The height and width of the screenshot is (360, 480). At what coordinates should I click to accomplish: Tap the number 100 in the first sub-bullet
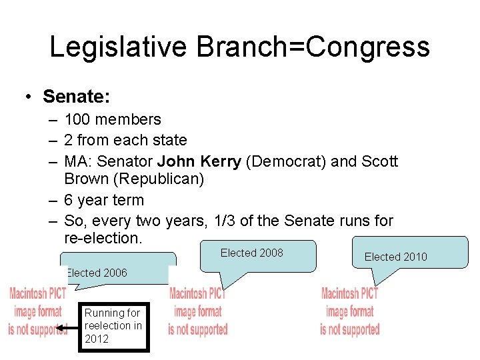[x=78, y=120]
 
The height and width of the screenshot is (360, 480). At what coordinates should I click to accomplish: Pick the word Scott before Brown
[x=379, y=161]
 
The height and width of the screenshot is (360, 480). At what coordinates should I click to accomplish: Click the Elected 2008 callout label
[x=251, y=253]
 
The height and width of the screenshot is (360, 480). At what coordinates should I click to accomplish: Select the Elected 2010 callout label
[x=395, y=257]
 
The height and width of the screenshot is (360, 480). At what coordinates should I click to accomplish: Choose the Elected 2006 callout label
[x=97, y=273]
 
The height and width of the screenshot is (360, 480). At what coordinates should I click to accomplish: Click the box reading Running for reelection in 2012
[x=113, y=326]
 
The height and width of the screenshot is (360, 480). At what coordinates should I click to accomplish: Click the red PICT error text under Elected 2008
[x=197, y=311]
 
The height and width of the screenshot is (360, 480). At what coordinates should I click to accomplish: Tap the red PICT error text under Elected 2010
[x=349, y=311]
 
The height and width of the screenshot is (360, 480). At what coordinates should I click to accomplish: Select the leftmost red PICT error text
[x=37, y=311]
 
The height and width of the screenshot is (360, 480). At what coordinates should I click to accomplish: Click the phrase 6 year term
[x=104, y=200]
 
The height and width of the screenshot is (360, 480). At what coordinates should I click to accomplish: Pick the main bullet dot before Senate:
[x=29, y=97]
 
